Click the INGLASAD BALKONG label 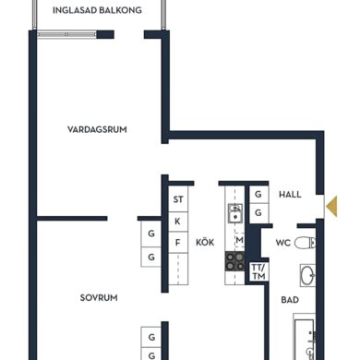pos(97,10)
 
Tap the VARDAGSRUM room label pos(97,129)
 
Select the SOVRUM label pos(99,298)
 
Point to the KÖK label pos(205,242)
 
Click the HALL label pos(290,195)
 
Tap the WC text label pos(283,243)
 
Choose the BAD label pos(290,300)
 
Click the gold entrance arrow pos(332,206)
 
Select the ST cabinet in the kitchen pos(178,199)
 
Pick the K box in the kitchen pos(178,222)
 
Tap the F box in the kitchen pos(178,243)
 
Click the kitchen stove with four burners pos(235,261)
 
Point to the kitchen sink pos(235,213)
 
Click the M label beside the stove pos(239,239)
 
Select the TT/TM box pos(258,271)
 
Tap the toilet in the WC pos(305,243)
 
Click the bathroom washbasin pos(308,275)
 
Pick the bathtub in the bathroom pos(305,337)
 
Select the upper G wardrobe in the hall pos(258,195)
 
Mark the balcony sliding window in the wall pos(66,34)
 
